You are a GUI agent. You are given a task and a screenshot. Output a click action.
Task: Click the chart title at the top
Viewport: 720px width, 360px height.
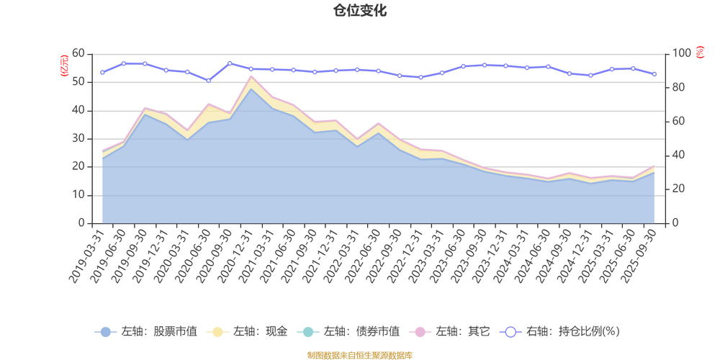(359, 10)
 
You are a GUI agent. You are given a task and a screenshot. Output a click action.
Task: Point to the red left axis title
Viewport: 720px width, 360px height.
(63, 65)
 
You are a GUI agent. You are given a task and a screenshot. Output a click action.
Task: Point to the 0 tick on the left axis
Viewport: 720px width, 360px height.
(83, 223)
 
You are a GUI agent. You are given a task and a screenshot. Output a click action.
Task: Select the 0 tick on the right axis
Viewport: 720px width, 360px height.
(675, 223)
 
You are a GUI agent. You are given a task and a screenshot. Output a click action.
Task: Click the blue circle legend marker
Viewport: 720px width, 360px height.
(106, 332)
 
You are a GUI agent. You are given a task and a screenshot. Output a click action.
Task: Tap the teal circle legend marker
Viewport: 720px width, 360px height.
(308, 332)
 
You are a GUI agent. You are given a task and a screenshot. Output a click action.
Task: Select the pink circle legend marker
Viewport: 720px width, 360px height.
(420, 332)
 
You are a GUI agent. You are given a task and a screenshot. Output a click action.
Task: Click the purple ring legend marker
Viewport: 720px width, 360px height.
(511, 332)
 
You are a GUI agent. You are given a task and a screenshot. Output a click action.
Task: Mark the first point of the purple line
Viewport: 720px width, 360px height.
(102, 73)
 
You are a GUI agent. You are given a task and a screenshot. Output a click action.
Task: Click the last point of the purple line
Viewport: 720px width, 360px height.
(654, 74)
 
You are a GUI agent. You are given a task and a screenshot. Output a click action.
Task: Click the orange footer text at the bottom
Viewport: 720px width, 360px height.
(359, 354)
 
